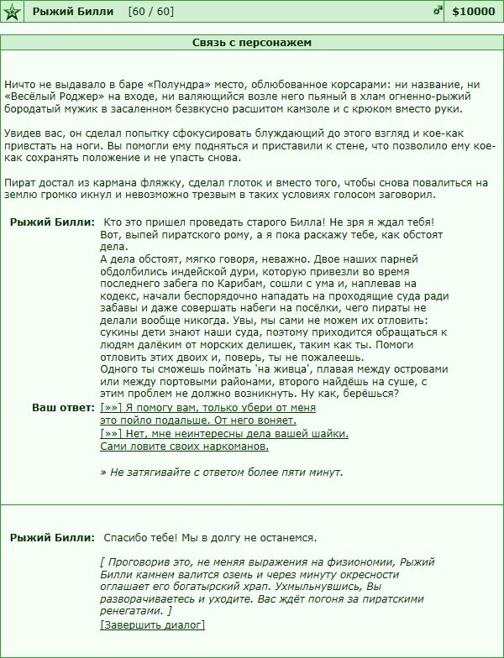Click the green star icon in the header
click(12, 11)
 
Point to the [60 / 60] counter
click(151, 11)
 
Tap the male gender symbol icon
click(437, 11)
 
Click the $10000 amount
click(473, 11)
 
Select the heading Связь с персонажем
click(251, 42)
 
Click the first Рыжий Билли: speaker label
click(52, 222)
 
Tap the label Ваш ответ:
click(63, 407)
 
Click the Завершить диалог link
click(152, 624)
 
